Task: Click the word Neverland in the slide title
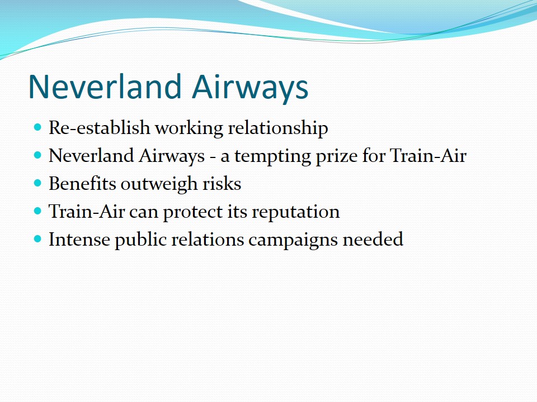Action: point(105,87)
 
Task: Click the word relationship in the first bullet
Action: point(278,128)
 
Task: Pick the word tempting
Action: point(272,156)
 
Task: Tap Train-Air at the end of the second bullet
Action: point(428,156)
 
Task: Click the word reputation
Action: point(296,212)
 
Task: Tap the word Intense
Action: point(79,240)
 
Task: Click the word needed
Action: point(373,240)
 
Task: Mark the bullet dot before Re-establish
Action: point(37,127)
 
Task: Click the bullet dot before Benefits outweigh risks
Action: point(37,183)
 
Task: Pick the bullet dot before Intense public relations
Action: point(37,238)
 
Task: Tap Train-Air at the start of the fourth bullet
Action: point(87,211)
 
